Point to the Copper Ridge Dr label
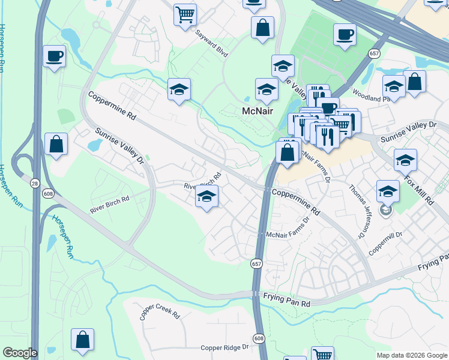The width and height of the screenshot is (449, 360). [224, 347]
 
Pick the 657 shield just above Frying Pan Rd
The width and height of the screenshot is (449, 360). [256, 263]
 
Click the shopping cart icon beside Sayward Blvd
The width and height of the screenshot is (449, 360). [185, 14]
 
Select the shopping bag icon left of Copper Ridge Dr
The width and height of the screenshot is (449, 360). [82, 339]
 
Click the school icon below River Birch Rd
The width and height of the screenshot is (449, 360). [206, 196]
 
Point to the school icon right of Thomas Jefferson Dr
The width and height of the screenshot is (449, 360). [388, 191]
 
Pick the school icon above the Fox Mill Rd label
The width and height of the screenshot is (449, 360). [406, 160]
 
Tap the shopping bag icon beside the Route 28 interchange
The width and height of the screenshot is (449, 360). [56, 144]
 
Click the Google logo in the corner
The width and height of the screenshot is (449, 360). [19, 353]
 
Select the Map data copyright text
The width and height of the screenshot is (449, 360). [411, 355]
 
